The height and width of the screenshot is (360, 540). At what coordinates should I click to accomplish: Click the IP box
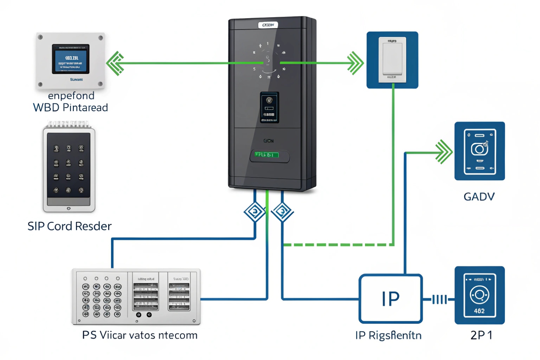[391, 299]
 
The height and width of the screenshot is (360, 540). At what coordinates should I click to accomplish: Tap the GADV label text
[479, 197]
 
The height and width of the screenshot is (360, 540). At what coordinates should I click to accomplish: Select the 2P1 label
[481, 335]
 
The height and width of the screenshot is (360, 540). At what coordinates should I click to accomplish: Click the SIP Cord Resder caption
[70, 226]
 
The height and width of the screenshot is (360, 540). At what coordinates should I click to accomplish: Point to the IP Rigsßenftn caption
[388, 335]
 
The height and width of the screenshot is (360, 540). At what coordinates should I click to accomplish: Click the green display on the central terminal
[267, 155]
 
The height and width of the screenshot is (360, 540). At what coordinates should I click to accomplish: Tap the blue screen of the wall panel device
[71, 59]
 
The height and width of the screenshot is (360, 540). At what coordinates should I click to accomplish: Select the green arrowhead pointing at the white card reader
[355, 63]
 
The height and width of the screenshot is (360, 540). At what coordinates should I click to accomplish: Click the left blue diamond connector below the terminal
[255, 212]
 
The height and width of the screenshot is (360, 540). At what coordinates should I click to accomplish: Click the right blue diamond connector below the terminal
[282, 212]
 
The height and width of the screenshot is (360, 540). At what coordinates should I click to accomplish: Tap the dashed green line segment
[337, 245]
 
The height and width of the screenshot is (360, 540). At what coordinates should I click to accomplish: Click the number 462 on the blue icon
[479, 311]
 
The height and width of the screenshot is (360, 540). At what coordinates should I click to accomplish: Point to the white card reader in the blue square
[392, 60]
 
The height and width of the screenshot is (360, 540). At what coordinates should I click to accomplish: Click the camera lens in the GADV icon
[479, 149]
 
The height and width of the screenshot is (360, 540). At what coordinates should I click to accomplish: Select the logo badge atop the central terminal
[268, 25]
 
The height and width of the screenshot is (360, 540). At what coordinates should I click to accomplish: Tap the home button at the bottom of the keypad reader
[69, 208]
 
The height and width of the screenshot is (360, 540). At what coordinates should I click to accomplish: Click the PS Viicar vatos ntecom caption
[140, 335]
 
